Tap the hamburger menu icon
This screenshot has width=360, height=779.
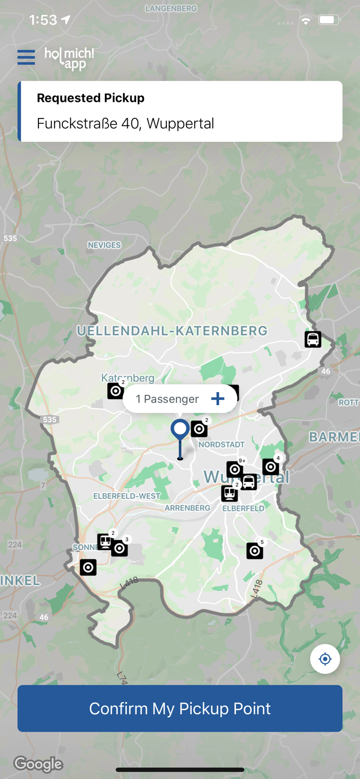click(26, 57)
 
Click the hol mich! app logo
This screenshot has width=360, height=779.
click(70, 58)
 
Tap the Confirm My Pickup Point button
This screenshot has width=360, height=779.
click(180, 708)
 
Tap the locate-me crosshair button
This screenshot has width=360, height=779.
click(325, 659)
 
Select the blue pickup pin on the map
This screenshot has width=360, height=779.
click(180, 431)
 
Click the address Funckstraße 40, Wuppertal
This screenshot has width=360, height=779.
click(125, 124)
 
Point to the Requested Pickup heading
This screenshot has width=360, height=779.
click(90, 98)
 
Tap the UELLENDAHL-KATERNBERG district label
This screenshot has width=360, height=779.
click(172, 331)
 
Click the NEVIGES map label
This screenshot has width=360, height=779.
click(104, 245)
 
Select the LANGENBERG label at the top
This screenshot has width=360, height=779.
click(171, 9)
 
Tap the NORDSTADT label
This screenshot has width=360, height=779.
click(221, 445)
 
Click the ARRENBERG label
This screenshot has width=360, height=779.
click(187, 508)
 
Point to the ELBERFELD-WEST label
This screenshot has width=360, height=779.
click(127, 496)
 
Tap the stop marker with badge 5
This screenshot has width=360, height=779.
click(255, 550)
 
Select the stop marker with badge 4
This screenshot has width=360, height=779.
click(271, 467)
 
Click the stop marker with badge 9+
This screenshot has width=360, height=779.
click(235, 469)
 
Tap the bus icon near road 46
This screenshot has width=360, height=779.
click(313, 340)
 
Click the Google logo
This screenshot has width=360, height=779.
click(38, 764)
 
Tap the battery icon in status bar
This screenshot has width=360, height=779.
click(329, 20)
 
